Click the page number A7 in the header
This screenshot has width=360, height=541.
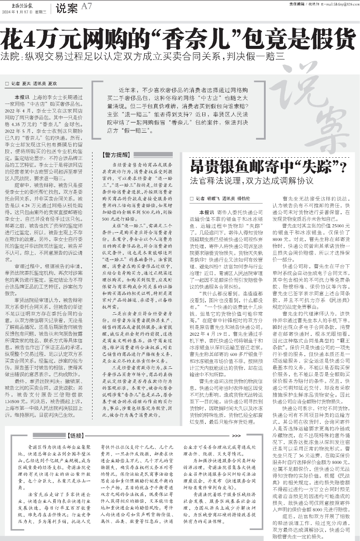[87, 6]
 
